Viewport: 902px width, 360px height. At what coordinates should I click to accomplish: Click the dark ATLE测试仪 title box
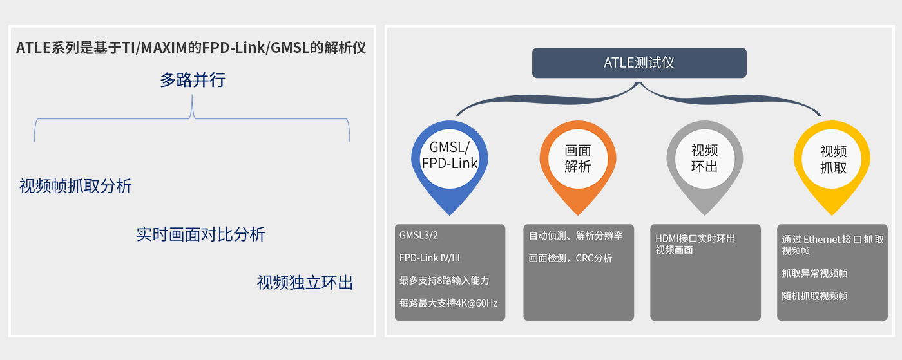(x=639, y=63)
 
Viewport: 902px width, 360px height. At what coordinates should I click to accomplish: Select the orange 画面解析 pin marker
(x=577, y=158)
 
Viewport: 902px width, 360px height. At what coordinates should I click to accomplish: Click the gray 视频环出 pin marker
(x=704, y=158)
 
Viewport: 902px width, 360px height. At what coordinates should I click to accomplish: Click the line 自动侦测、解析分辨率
(x=576, y=236)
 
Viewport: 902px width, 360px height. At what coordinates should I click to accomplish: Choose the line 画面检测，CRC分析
(x=570, y=258)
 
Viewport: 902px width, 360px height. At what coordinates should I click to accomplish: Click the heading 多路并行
(x=193, y=81)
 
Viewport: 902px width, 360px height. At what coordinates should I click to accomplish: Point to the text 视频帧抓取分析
(x=75, y=187)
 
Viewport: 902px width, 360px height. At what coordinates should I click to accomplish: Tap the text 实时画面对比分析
(x=200, y=234)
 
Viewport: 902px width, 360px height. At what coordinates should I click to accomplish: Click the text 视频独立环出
(x=305, y=283)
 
